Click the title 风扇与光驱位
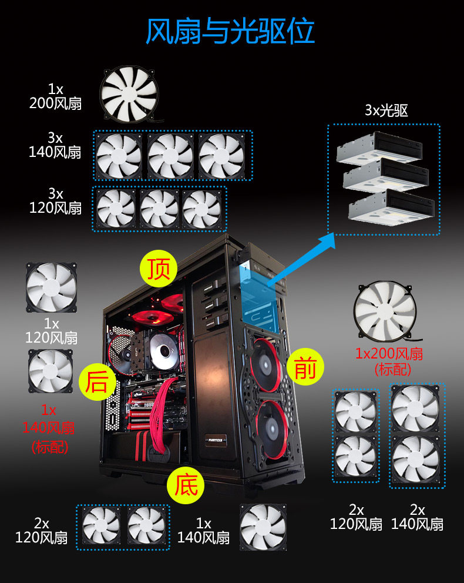click(x=230, y=32)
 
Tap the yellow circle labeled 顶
click(x=159, y=269)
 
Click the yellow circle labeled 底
click(x=186, y=485)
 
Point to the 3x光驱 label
click(x=386, y=110)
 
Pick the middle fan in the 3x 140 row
click(x=170, y=156)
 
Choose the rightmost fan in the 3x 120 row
click(x=202, y=209)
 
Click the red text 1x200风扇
click(x=389, y=354)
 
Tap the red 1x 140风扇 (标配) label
click(x=49, y=428)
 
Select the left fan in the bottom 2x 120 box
click(x=101, y=526)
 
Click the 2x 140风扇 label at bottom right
click(x=417, y=517)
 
